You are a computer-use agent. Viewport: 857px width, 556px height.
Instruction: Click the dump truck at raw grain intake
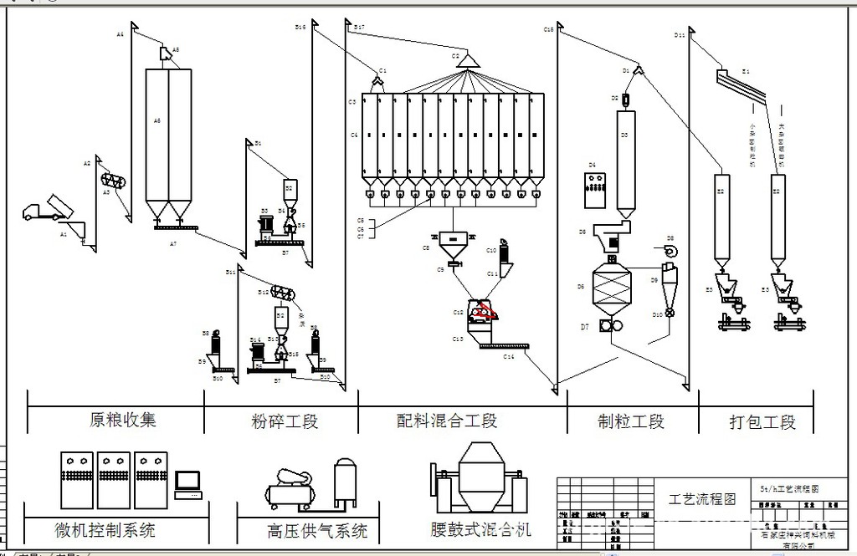(46, 209)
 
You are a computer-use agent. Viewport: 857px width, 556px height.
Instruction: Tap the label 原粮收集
(123, 419)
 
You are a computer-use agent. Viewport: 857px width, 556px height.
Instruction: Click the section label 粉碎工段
(285, 421)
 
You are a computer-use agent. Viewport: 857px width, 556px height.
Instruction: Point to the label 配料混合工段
(447, 421)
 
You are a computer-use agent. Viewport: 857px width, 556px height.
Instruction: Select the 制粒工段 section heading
(631, 421)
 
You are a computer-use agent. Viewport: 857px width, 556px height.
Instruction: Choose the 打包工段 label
(762, 422)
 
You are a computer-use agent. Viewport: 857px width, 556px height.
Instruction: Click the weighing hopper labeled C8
(456, 244)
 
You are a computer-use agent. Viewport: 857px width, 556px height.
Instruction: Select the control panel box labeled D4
(596, 190)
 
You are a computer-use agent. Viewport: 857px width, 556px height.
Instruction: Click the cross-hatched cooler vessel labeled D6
(611, 289)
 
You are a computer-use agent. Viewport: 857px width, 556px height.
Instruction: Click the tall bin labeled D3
(624, 159)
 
